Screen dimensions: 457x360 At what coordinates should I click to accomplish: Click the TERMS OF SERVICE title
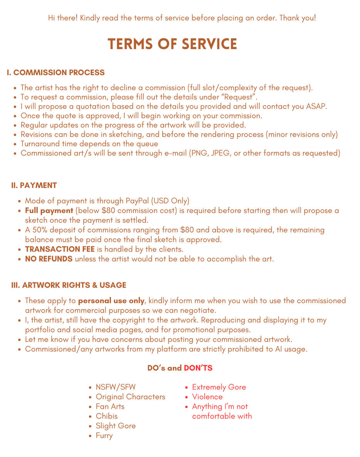[x=172, y=44]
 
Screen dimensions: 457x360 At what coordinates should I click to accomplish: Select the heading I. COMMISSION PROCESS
[x=56, y=73]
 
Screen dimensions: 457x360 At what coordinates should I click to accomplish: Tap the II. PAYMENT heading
[x=34, y=185]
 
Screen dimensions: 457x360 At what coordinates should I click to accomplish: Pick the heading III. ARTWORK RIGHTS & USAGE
[x=69, y=285]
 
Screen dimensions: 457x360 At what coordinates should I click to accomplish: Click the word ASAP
[x=316, y=106]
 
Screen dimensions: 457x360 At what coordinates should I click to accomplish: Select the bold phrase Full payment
[x=49, y=211]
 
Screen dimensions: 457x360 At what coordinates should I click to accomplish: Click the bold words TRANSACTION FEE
[x=60, y=249]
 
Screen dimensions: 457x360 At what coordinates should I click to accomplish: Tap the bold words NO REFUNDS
[x=49, y=259]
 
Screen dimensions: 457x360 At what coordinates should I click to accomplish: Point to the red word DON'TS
[x=198, y=368]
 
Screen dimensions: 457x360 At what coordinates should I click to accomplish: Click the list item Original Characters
[x=130, y=397]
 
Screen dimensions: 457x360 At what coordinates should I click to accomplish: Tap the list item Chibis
[x=107, y=416]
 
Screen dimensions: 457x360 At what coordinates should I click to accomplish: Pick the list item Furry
[x=104, y=436]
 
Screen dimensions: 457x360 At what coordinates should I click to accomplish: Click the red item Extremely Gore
[x=219, y=387]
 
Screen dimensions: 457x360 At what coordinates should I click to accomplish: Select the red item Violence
[x=207, y=397]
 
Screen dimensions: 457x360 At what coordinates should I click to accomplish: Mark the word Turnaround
[x=40, y=144]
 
